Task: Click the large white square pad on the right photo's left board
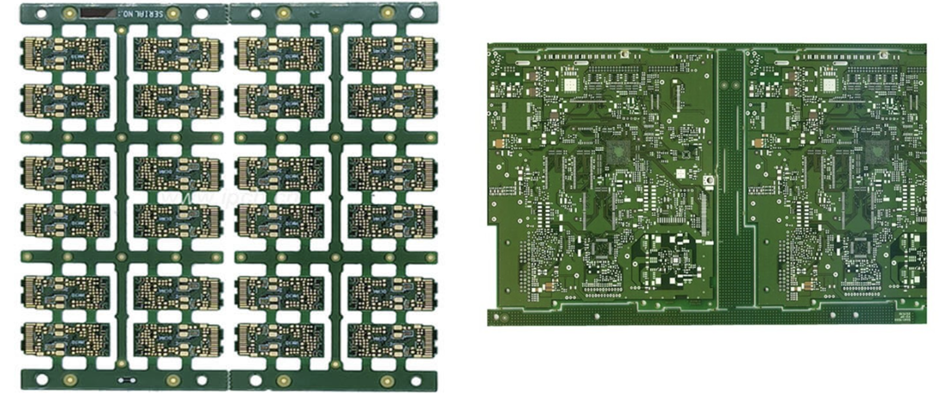pyautogui.click(x=568, y=85)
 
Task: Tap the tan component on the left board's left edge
pyautogui.click(x=498, y=143)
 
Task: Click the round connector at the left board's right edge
pyautogui.click(x=709, y=179)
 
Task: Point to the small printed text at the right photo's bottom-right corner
pyautogui.click(x=904, y=317)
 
